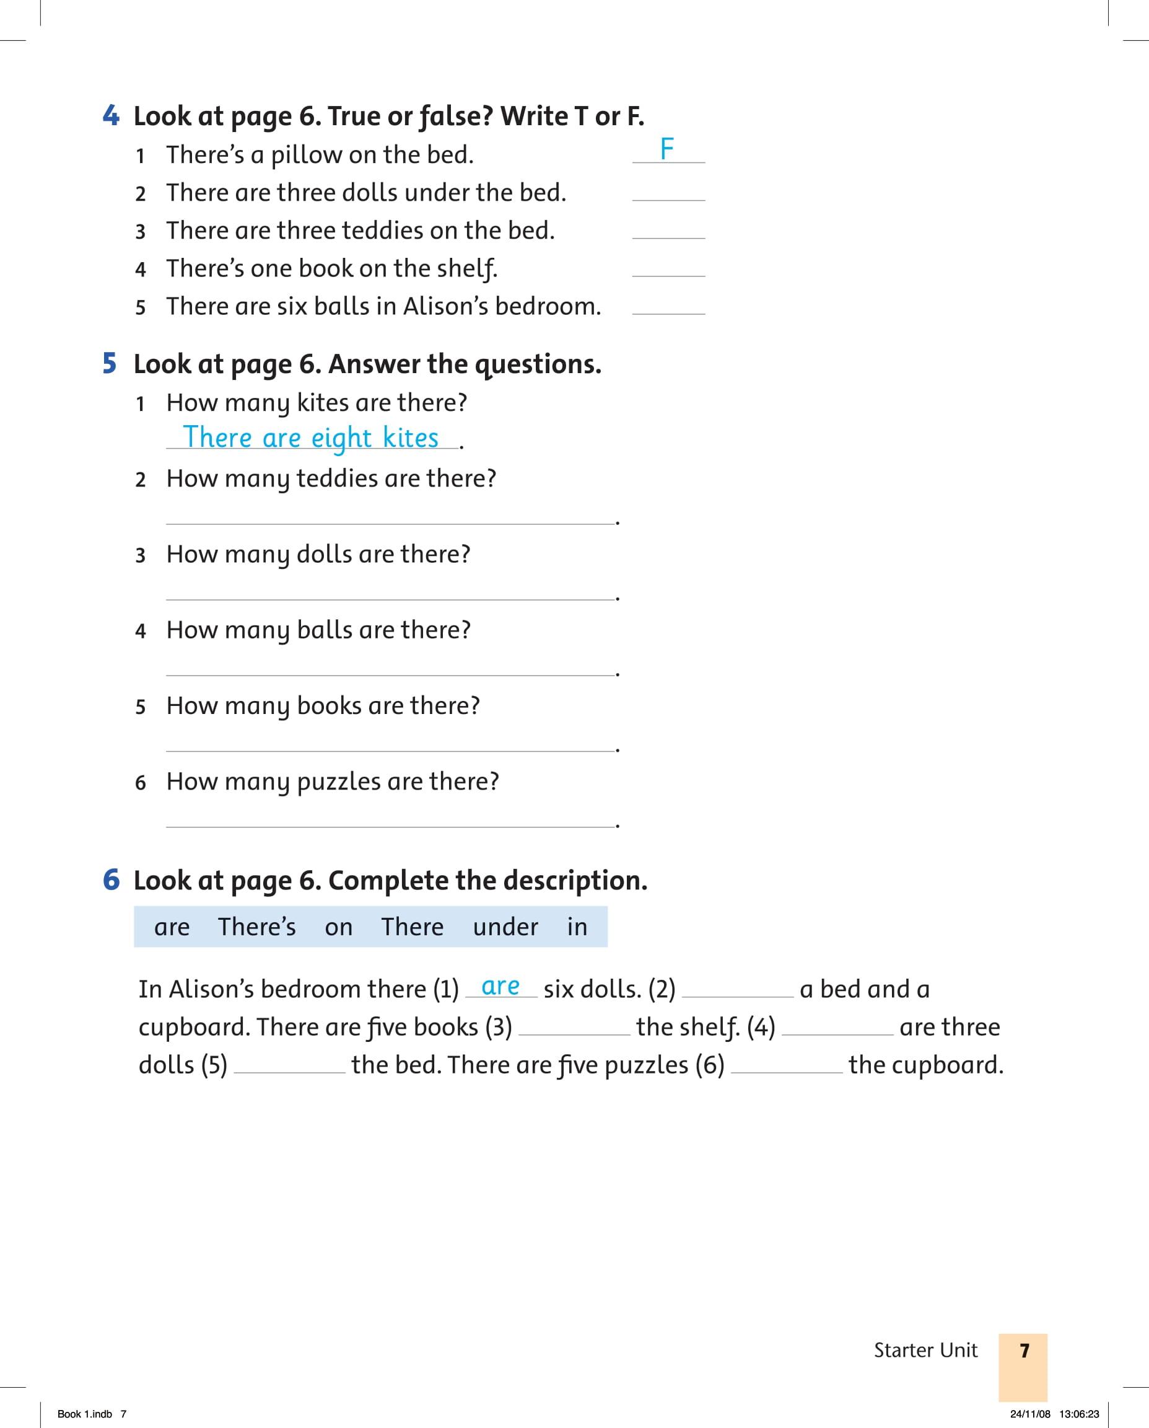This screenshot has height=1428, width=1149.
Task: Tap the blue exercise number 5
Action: pos(110,363)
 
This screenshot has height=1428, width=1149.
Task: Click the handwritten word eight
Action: pos(341,438)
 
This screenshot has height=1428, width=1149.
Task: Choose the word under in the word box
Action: pos(505,927)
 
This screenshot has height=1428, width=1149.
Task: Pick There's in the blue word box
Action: pos(257,927)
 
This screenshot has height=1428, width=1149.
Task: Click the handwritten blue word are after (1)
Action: pos(500,986)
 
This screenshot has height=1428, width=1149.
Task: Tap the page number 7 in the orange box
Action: pos(1024,1350)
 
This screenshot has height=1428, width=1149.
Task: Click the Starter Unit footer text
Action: pos(925,1350)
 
